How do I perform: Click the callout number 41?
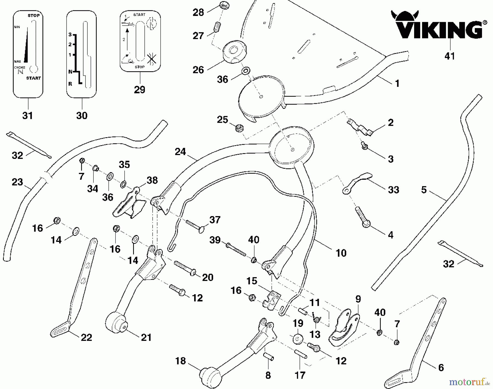tap(450, 56)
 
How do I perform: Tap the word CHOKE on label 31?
tap(20, 67)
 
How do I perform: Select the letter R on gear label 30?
tap(70, 84)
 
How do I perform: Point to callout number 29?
tap(139, 90)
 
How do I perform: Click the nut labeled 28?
tap(224, 6)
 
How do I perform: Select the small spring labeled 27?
tap(217, 28)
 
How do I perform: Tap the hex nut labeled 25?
tap(240, 128)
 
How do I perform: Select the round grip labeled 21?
tap(117, 323)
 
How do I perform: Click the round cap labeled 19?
tap(297, 339)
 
